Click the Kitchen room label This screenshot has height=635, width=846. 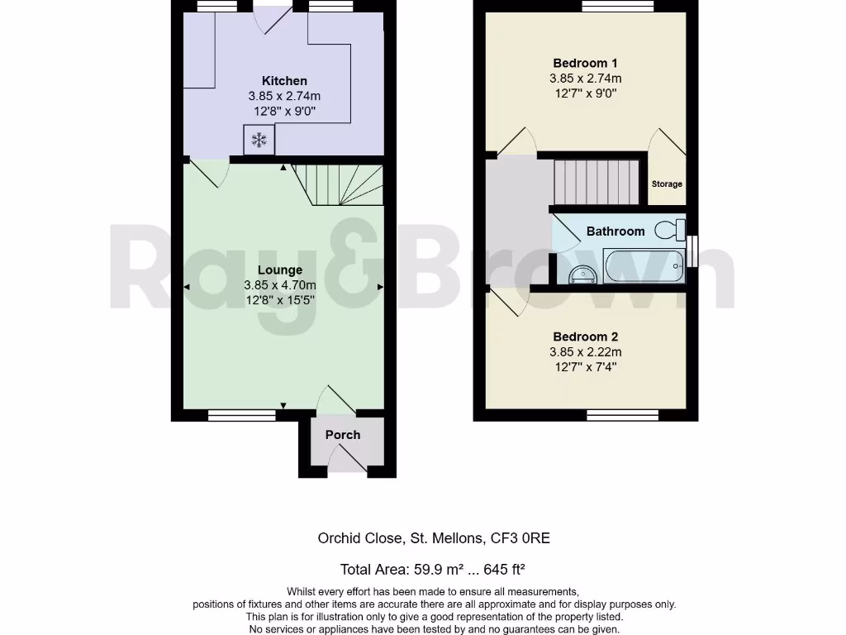point(284,81)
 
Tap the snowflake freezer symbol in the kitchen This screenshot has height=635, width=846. point(259,141)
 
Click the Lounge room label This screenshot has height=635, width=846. point(280,270)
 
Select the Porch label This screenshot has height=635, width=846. point(342,435)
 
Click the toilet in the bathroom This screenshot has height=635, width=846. point(670,229)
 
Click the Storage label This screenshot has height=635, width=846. point(667,184)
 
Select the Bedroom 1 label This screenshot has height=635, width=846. point(585,63)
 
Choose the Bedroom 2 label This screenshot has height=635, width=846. point(585,337)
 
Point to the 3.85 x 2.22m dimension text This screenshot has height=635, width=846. point(585,351)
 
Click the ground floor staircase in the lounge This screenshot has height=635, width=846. point(339,184)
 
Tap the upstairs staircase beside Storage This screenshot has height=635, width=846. point(596,181)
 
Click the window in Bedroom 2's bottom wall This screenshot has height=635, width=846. point(623,414)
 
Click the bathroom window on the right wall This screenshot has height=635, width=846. point(692,252)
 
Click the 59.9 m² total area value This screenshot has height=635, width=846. point(429,569)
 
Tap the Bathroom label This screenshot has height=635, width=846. point(615,232)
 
